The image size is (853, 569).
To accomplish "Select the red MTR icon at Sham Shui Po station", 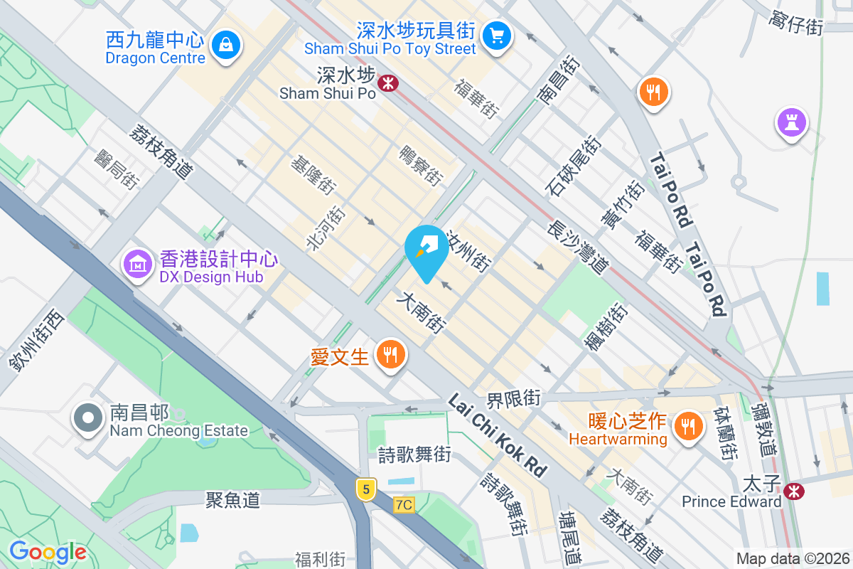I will point(388,83).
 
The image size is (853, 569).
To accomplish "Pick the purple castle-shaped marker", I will point(792,122).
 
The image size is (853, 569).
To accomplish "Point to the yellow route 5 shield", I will point(365,489).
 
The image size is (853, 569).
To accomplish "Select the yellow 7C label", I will point(404,505).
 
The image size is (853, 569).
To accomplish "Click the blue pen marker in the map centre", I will point(426,249).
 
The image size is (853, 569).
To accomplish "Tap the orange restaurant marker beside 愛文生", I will point(390,353).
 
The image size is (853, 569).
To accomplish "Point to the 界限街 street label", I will point(513,398).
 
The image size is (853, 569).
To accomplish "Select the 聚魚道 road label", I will point(232,500).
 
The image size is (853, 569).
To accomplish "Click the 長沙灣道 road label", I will point(579,246).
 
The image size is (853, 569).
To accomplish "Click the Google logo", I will point(48,552).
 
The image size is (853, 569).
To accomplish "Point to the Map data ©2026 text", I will point(793,558).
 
